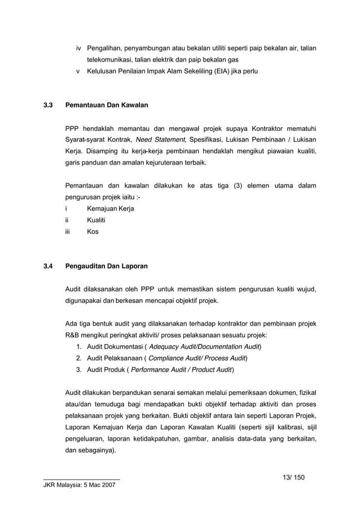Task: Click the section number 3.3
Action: click(x=49, y=105)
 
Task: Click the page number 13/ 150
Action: click(x=293, y=477)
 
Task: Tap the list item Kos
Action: click(x=93, y=232)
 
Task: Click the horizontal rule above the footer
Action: click(x=77, y=479)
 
